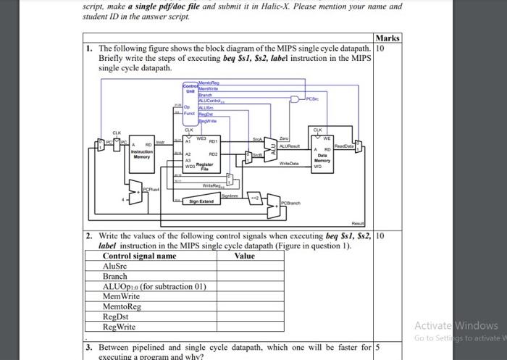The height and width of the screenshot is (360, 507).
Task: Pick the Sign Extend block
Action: click(201, 201)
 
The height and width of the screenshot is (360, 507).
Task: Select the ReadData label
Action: click(343, 145)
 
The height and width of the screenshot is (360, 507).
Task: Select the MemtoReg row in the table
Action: click(122, 307)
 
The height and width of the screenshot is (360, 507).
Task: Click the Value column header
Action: click(245, 256)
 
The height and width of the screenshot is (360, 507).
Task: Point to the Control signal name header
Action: click(139, 256)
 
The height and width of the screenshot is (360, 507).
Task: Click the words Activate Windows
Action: click(456, 325)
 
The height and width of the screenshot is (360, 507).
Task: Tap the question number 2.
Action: click(88, 236)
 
